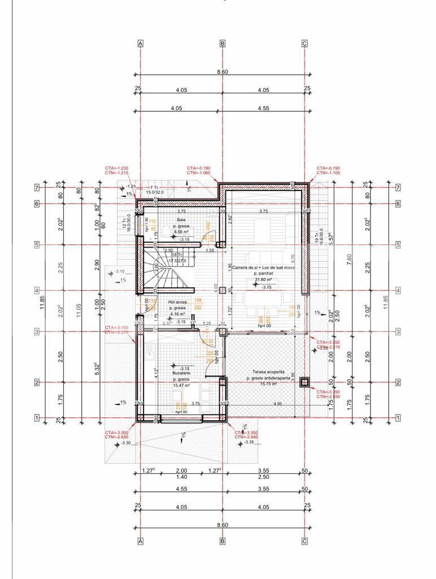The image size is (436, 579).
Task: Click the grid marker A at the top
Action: click(141, 44)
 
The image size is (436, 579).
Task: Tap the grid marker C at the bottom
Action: click(305, 541)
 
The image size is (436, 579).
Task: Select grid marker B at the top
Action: click(223, 44)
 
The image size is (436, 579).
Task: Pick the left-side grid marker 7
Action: click(37, 187)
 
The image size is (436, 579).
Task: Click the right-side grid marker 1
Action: click(398, 418)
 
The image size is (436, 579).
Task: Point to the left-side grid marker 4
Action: click(37, 291)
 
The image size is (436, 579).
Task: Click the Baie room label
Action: click(181, 219)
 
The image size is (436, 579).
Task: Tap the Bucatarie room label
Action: click(181, 374)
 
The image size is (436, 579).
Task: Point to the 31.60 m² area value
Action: click(264, 279)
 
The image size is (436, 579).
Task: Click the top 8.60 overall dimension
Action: click(223, 72)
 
